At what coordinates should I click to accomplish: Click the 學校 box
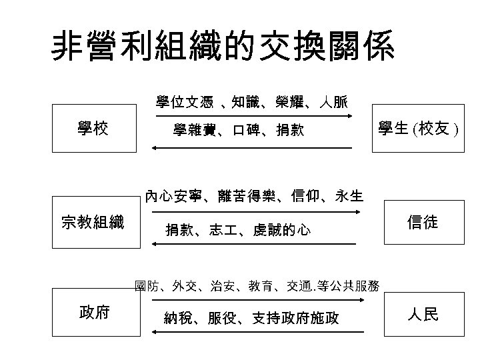tap(93, 129)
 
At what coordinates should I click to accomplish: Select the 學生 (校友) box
tap(417, 129)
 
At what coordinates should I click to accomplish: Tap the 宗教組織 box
tap(93, 222)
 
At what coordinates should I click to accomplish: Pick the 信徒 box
tap(423, 222)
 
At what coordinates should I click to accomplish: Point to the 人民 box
tap(423, 314)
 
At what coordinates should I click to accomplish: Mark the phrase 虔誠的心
tap(281, 231)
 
